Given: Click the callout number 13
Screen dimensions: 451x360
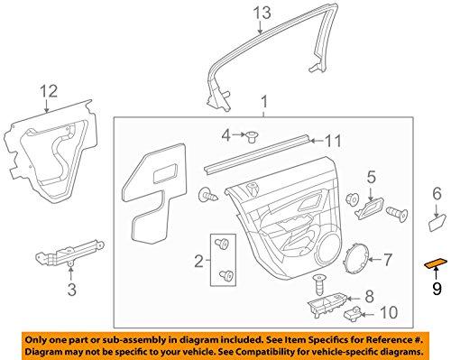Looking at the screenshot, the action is coord(261,13).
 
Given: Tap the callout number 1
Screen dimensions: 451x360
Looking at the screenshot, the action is coord(263,104).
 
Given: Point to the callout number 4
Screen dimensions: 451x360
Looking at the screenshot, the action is coord(226,135).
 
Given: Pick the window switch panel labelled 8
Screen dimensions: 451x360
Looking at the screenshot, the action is coord(328,282).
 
